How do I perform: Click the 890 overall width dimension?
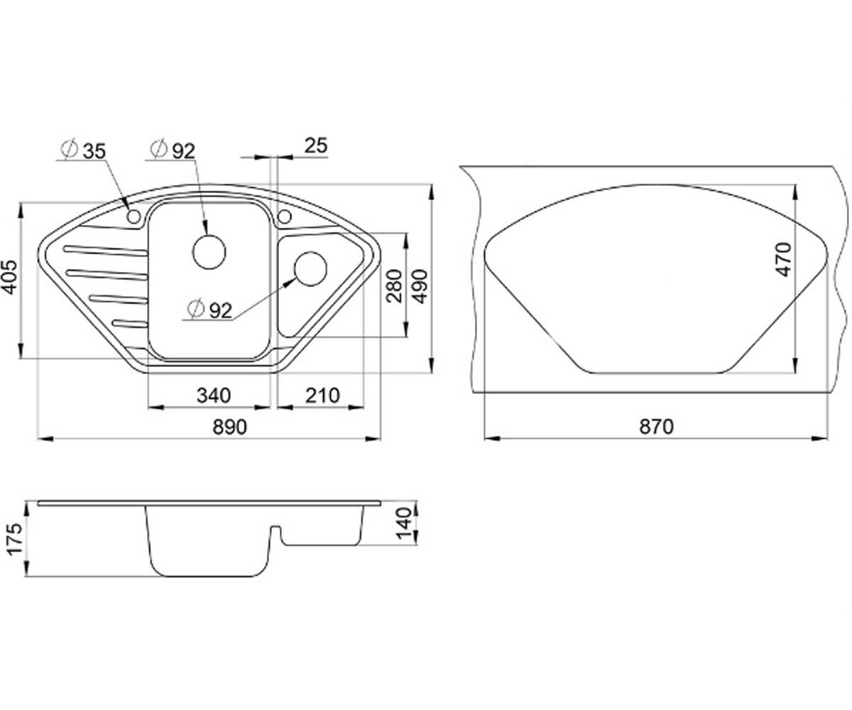[x=230, y=427]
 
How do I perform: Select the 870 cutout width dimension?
[x=656, y=427]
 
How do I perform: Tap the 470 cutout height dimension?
[x=783, y=260]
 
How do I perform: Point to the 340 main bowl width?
[x=214, y=395]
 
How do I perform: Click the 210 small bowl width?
[x=322, y=395]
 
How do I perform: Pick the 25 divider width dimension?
[x=316, y=146]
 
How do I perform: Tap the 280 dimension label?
[x=394, y=285]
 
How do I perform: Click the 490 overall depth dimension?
[x=420, y=286]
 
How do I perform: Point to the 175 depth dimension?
[x=14, y=539]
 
